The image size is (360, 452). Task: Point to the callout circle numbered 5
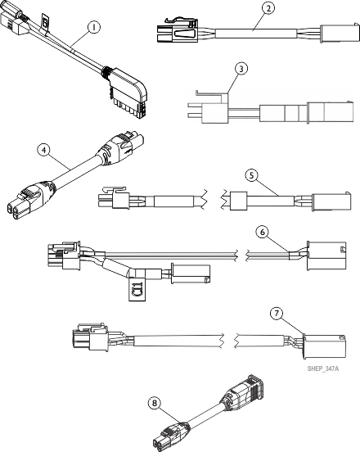[x=252, y=174]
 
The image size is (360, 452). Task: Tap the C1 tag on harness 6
[x=137, y=288]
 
